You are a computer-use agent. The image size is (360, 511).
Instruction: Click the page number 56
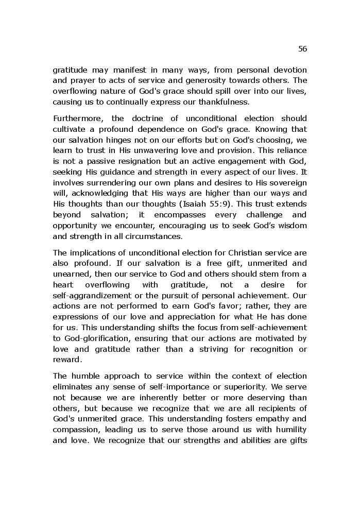pyautogui.click(x=302, y=49)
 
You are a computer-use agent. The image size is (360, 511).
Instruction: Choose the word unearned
pyautogui.click(x=71, y=275)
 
